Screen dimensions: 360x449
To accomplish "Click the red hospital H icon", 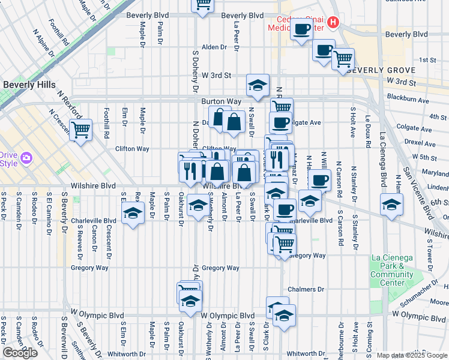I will pyautogui.click(x=334, y=22).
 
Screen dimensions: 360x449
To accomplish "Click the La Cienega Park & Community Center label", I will pyautogui.click(x=392, y=270).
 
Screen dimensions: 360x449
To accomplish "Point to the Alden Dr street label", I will pyautogui.click(x=213, y=47).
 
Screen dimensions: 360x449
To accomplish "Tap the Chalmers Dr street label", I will pyautogui.click(x=306, y=289).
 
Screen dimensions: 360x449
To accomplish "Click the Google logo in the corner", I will pyautogui.click(x=20, y=353).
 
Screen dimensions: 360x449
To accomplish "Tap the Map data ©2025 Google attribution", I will pyautogui.click(x=411, y=355).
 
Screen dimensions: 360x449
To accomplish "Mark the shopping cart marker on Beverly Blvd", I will pyautogui.click(x=203, y=4).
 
